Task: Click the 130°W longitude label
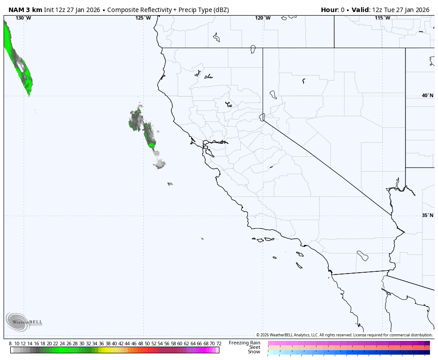(x=23, y=18)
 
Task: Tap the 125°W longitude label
(x=143, y=18)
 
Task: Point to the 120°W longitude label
(x=263, y=18)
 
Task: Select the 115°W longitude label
(x=382, y=18)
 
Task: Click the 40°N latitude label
(x=427, y=95)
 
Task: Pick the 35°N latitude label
(x=427, y=215)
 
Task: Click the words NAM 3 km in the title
(x=25, y=10)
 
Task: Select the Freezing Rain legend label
(x=244, y=343)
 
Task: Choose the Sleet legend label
(x=255, y=347)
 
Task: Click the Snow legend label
(x=254, y=352)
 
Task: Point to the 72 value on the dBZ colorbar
(x=219, y=344)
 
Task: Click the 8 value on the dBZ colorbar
(x=10, y=344)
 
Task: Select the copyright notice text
(x=344, y=335)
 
